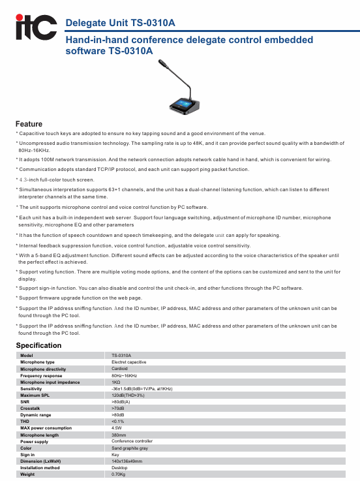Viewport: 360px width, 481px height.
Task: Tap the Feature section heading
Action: click(29, 123)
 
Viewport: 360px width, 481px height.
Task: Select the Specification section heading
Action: click(38, 345)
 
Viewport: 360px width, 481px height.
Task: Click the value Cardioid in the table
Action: click(120, 369)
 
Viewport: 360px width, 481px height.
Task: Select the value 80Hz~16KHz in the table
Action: click(125, 376)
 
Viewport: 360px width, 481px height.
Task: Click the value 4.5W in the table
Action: click(117, 428)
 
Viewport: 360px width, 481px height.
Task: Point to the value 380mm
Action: click(119, 435)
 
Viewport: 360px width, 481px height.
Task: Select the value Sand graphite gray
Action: click(130, 448)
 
